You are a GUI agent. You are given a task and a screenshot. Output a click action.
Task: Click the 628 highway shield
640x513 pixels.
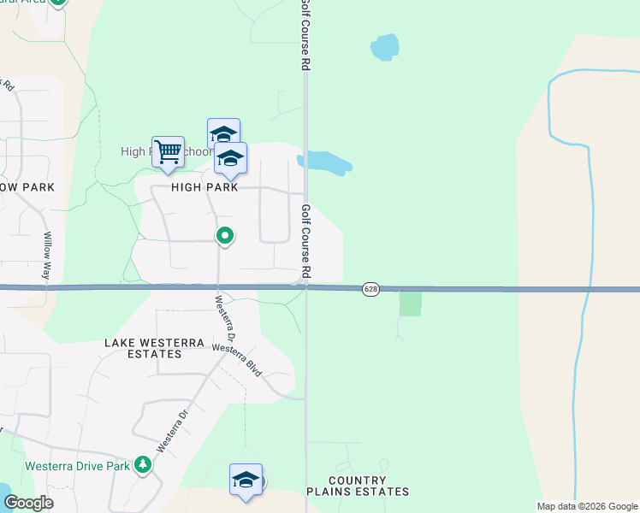[370, 289]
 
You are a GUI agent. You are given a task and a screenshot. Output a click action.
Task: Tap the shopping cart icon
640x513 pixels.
[169, 152]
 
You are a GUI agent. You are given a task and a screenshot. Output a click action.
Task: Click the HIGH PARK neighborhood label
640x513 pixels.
[204, 187]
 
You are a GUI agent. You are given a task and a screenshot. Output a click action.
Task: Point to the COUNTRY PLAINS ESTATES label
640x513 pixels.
[358, 486]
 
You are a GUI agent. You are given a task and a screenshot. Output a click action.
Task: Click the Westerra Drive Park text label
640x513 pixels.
[77, 466]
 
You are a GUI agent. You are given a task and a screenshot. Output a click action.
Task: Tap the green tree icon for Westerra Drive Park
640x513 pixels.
[143, 465]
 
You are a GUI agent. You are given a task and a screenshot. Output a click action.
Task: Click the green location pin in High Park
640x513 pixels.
[225, 235]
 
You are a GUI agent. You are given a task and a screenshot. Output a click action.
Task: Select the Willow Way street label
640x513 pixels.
[48, 256]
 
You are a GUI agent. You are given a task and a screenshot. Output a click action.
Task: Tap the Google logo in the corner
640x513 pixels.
[27, 503]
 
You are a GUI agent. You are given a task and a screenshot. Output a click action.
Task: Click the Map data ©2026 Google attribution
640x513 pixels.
[586, 506]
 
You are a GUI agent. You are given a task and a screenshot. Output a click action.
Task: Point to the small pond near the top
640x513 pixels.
[386, 47]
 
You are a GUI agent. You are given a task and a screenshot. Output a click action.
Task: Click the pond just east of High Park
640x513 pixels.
[325, 162]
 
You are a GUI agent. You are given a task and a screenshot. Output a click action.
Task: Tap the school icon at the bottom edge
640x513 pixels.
[246, 480]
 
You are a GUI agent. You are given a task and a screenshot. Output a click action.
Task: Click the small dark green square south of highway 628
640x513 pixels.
[411, 304]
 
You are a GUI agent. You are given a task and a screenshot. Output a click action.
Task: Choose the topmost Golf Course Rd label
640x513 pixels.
[305, 35]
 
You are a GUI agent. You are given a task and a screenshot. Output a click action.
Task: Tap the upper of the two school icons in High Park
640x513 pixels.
[223, 134]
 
